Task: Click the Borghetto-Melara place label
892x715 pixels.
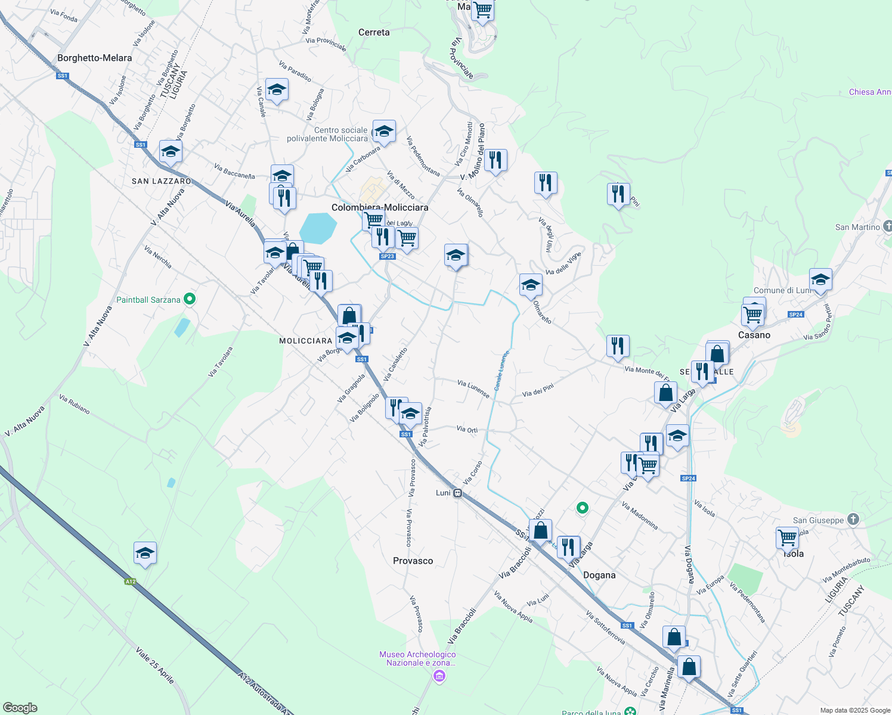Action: (95, 58)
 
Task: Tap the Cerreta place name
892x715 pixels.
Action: (374, 32)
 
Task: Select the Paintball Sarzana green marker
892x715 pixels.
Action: (190, 299)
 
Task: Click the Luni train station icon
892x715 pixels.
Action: (457, 493)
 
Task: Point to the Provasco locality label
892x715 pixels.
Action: (413, 561)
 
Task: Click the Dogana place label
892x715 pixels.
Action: (599, 575)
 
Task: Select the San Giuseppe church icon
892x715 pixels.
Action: (853, 520)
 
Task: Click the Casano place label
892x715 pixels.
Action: (754, 335)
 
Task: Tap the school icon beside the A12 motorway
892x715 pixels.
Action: (145, 554)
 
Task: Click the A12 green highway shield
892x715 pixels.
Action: (131, 582)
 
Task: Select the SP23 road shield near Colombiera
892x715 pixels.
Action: (387, 256)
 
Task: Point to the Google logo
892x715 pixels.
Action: (20, 708)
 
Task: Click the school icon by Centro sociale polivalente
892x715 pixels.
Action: (383, 131)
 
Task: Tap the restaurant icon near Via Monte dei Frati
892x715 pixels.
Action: (618, 346)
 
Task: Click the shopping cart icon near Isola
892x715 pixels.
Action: (787, 537)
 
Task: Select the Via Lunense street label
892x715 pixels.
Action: (473, 388)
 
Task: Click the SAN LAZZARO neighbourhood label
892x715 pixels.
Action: (162, 181)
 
